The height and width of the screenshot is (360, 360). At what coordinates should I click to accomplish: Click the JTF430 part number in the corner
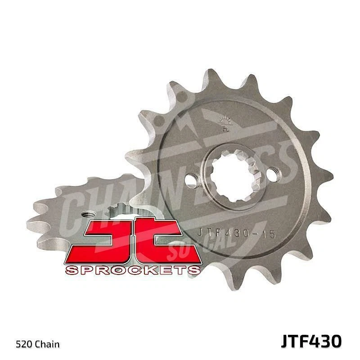(x=311, y=341)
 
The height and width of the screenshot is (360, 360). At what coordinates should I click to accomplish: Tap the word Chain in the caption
(x=48, y=345)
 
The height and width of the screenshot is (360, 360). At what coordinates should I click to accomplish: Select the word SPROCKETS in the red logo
(x=132, y=270)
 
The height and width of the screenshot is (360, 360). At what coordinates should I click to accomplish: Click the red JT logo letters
(x=132, y=241)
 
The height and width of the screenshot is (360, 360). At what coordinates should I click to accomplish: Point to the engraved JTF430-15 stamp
(x=237, y=233)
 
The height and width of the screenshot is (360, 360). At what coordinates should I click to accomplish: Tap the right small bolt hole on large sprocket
(x=273, y=174)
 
